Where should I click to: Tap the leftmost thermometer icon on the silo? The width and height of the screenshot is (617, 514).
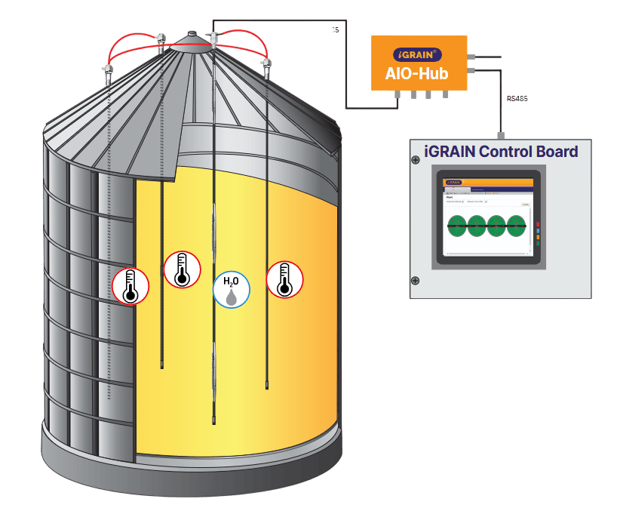pos(130,286)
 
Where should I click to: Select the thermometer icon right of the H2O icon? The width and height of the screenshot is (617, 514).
pos(284,279)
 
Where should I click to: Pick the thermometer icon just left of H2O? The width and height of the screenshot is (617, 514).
pos(181,269)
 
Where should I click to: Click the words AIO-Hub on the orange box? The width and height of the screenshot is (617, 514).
pos(417,72)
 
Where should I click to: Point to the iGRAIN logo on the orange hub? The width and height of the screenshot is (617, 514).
pos(418,54)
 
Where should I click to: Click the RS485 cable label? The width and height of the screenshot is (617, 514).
pos(517,98)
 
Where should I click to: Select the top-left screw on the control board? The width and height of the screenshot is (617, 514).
pos(415,160)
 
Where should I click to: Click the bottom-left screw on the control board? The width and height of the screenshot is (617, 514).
pos(415,281)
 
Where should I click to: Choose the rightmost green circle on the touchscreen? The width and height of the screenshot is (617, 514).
pos(516,224)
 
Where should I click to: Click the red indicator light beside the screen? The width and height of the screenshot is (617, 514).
pos(538,224)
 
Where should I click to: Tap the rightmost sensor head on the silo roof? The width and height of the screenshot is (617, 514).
pos(266,69)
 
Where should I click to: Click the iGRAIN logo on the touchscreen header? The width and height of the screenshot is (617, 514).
pos(453,181)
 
